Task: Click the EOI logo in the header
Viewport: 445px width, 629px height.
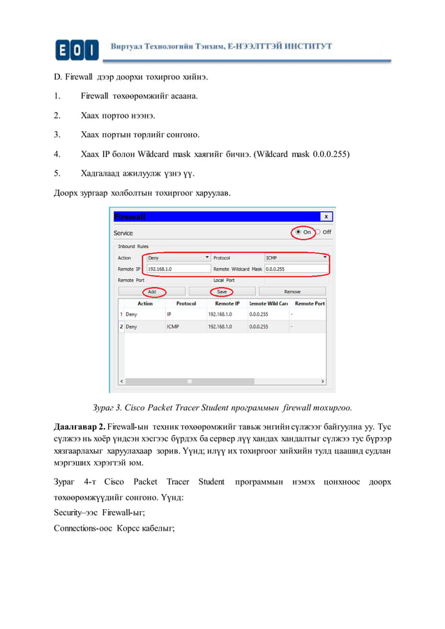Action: [77, 50]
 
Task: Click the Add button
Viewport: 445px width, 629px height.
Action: [151, 291]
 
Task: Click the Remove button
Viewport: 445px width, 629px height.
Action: [292, 291]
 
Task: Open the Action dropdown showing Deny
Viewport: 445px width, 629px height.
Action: [174, 257]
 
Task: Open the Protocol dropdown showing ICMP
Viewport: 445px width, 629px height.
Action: [296, 257]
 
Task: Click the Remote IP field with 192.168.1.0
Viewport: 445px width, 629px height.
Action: [177, 268]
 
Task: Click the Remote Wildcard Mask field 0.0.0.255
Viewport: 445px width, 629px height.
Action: [296, 268]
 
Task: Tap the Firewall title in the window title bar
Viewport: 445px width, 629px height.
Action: [130, 217]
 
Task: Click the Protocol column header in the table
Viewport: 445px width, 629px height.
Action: [186, 303]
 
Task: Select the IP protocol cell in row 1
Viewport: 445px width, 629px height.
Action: [169, 314]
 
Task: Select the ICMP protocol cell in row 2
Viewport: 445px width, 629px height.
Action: [173, 326]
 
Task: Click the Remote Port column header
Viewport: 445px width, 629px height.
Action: [309, 303]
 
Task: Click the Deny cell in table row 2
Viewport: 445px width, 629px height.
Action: [131, 326]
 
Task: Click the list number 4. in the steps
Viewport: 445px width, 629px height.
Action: [58, 153]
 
